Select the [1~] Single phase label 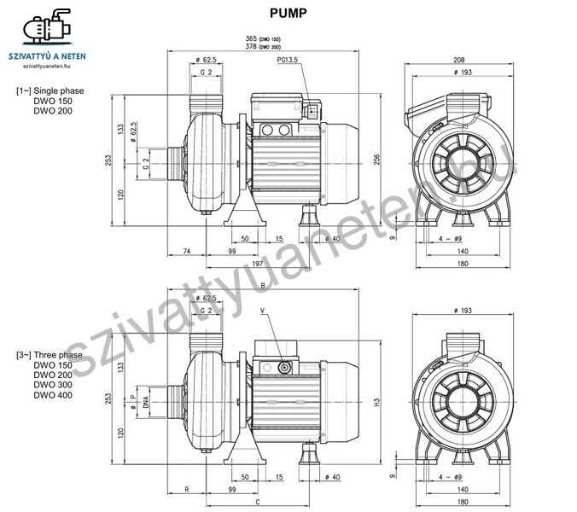[x=50, y=90]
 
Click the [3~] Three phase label [x=49, y=355]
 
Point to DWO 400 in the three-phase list [x=52, y=395]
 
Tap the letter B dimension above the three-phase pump [x=262, y=286]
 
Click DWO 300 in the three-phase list [x=52, y=385]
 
